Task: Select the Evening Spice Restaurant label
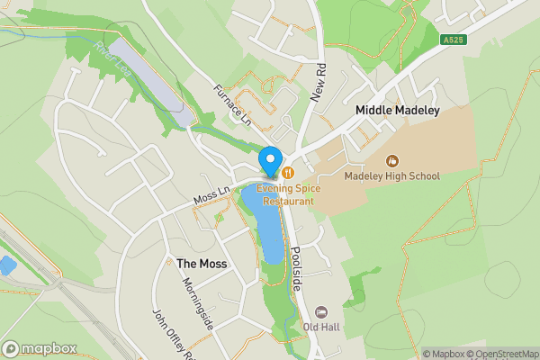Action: point(285,194)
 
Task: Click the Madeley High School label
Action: point(391,175)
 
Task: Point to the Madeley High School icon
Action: point(391,161)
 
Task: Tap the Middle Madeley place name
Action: point(397,110)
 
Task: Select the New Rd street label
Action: point(318,82)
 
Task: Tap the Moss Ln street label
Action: point(206,193)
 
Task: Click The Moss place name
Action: point(202,264)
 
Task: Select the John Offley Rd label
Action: point(173,332)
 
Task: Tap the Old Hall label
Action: point(320,326)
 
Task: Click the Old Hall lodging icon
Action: point(320,311)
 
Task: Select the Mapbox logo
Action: point(38,348)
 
